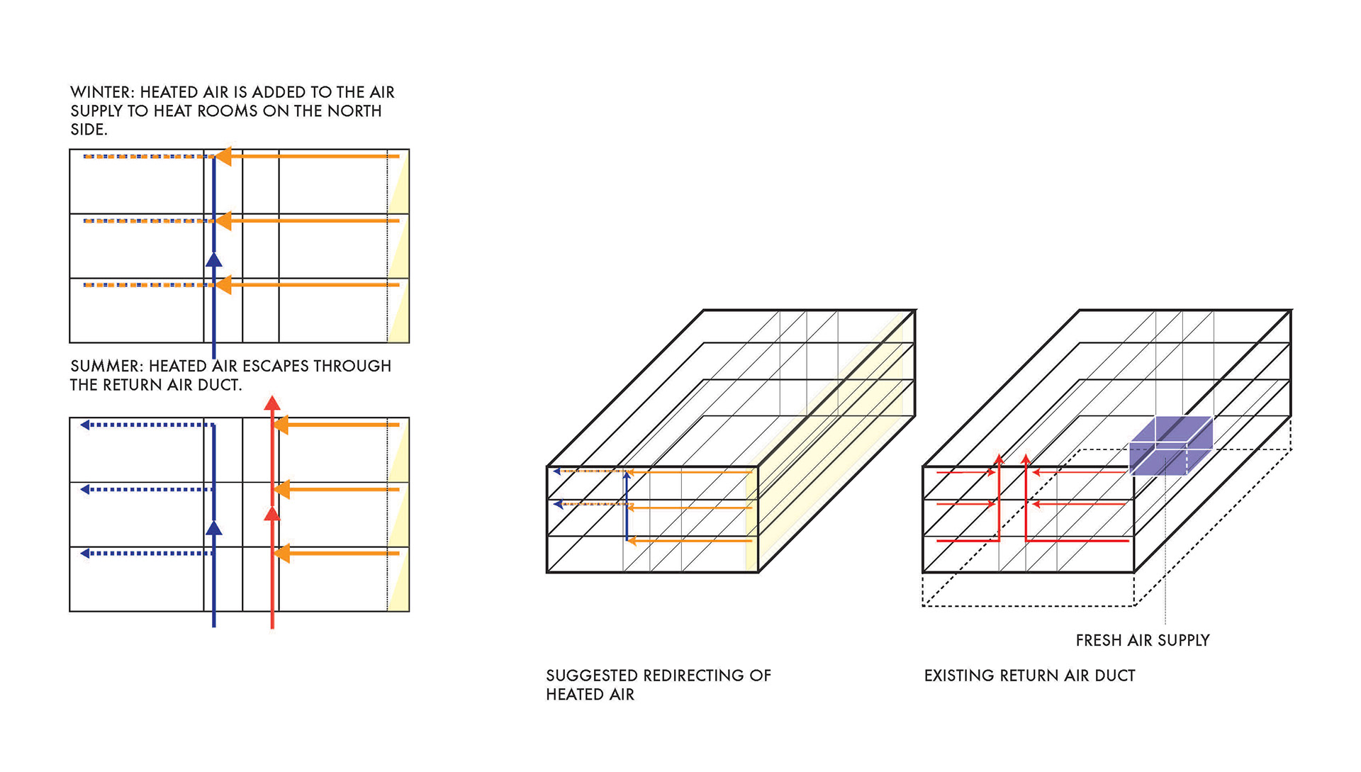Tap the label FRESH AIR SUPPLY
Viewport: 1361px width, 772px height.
coord(1142,641)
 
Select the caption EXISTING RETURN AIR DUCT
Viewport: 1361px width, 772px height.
coord(1029,676)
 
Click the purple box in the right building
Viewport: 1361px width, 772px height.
coord(1169,446)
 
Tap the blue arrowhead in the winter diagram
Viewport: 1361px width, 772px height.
coord(213,259)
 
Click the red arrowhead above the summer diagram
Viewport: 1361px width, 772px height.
coord(272,403)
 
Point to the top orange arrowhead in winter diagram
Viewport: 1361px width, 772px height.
coord(223,156)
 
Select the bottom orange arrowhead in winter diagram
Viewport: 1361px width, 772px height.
coord(223,285)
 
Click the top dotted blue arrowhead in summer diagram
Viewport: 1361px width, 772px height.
coord(85,425)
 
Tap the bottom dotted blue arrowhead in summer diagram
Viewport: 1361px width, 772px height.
coord(85,554)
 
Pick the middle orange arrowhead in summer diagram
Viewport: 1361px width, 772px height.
coord(281,489)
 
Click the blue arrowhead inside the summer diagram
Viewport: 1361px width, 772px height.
coord(213,527)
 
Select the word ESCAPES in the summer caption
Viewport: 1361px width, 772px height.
coord(273,367)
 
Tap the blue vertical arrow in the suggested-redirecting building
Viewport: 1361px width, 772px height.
coord(627,507)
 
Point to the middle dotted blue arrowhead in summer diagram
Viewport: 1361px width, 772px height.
coord(85,490)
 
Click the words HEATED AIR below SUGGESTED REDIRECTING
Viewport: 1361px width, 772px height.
coord(590,695)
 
